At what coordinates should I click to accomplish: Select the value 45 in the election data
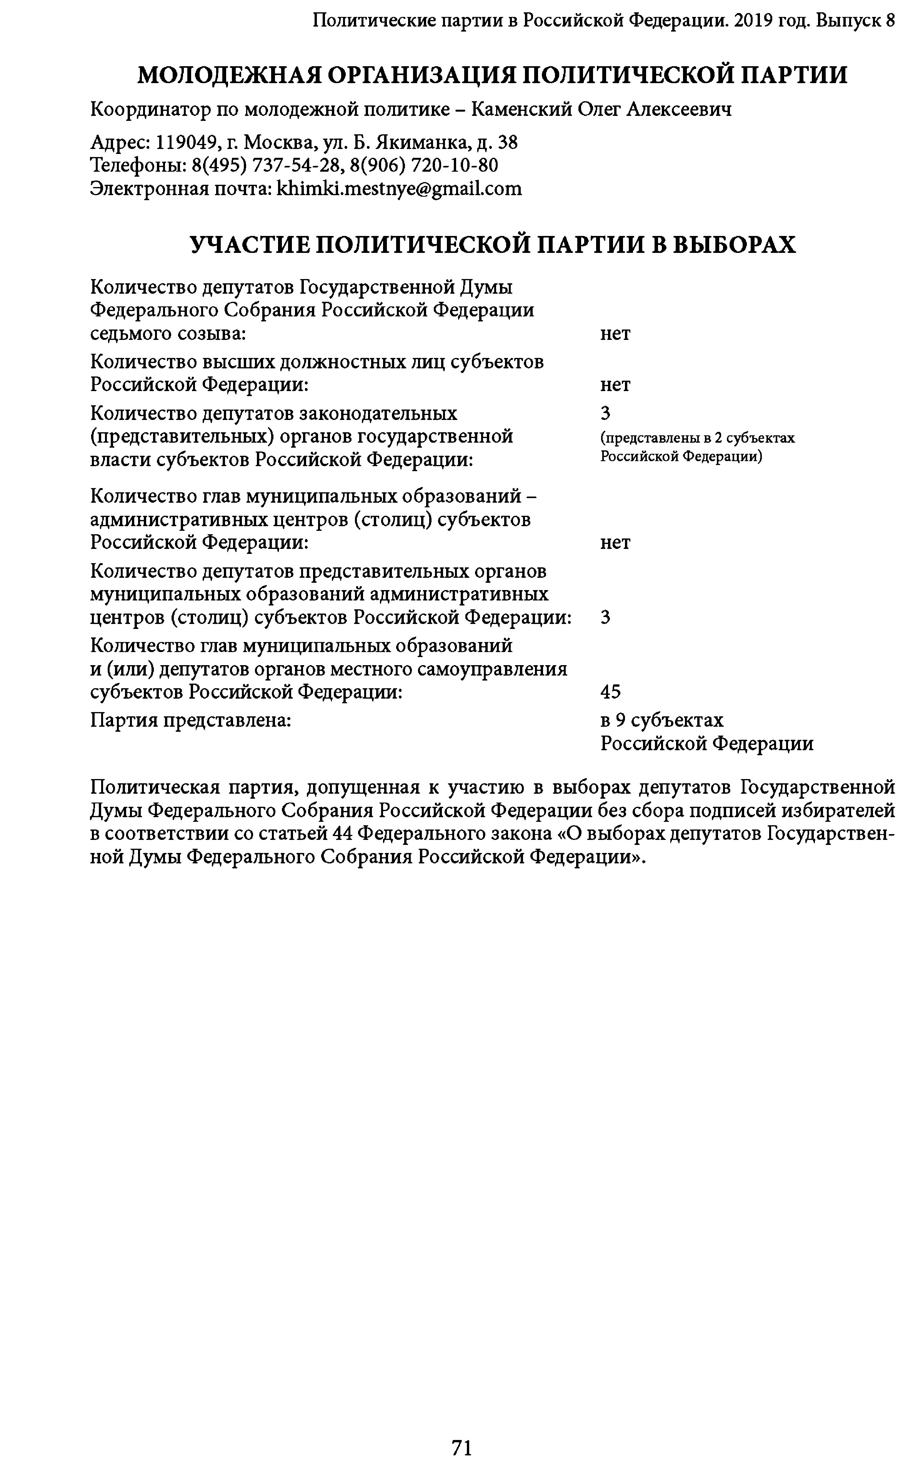point(610,692)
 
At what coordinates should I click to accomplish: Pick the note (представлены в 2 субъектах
point(697,438)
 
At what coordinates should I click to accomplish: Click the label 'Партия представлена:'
point(190,720)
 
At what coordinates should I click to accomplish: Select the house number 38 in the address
point(508,143)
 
